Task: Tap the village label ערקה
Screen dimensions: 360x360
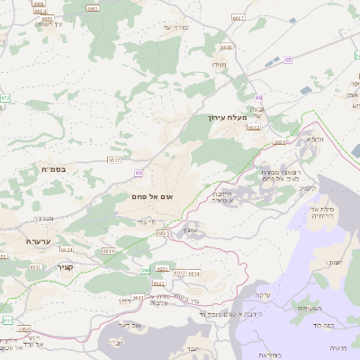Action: (x=265, y=295)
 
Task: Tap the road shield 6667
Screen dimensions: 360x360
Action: (x=238, y=16)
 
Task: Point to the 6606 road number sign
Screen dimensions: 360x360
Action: (x=226, y=46)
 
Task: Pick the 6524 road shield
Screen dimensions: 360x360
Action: (x=67, y=249)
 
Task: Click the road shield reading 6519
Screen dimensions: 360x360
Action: (x=109, y=251)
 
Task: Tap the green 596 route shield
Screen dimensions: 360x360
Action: (x=144, y=270)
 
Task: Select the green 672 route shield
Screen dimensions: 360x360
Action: (x=5, y=96)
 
